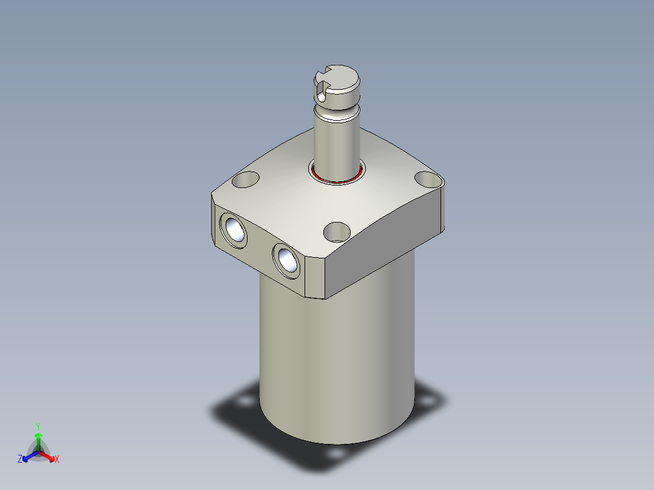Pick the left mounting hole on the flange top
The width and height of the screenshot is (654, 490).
(x=246, y=180)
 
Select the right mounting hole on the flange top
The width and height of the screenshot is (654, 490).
(x=428, y=180)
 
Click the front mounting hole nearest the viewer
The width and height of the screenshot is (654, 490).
(x=337, y=232)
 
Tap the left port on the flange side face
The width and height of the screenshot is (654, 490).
(x=234, y=229)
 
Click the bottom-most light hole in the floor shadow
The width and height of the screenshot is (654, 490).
(x=334, y=453)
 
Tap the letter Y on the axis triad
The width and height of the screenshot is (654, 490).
(x=38, y=426)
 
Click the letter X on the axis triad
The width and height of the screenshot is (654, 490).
(x=57, y=460)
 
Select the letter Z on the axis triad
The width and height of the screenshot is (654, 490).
(x=19, y=460)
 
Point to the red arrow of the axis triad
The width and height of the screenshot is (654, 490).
(x=48, y=455)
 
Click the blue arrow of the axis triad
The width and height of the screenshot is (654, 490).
(x=28, y=455)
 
